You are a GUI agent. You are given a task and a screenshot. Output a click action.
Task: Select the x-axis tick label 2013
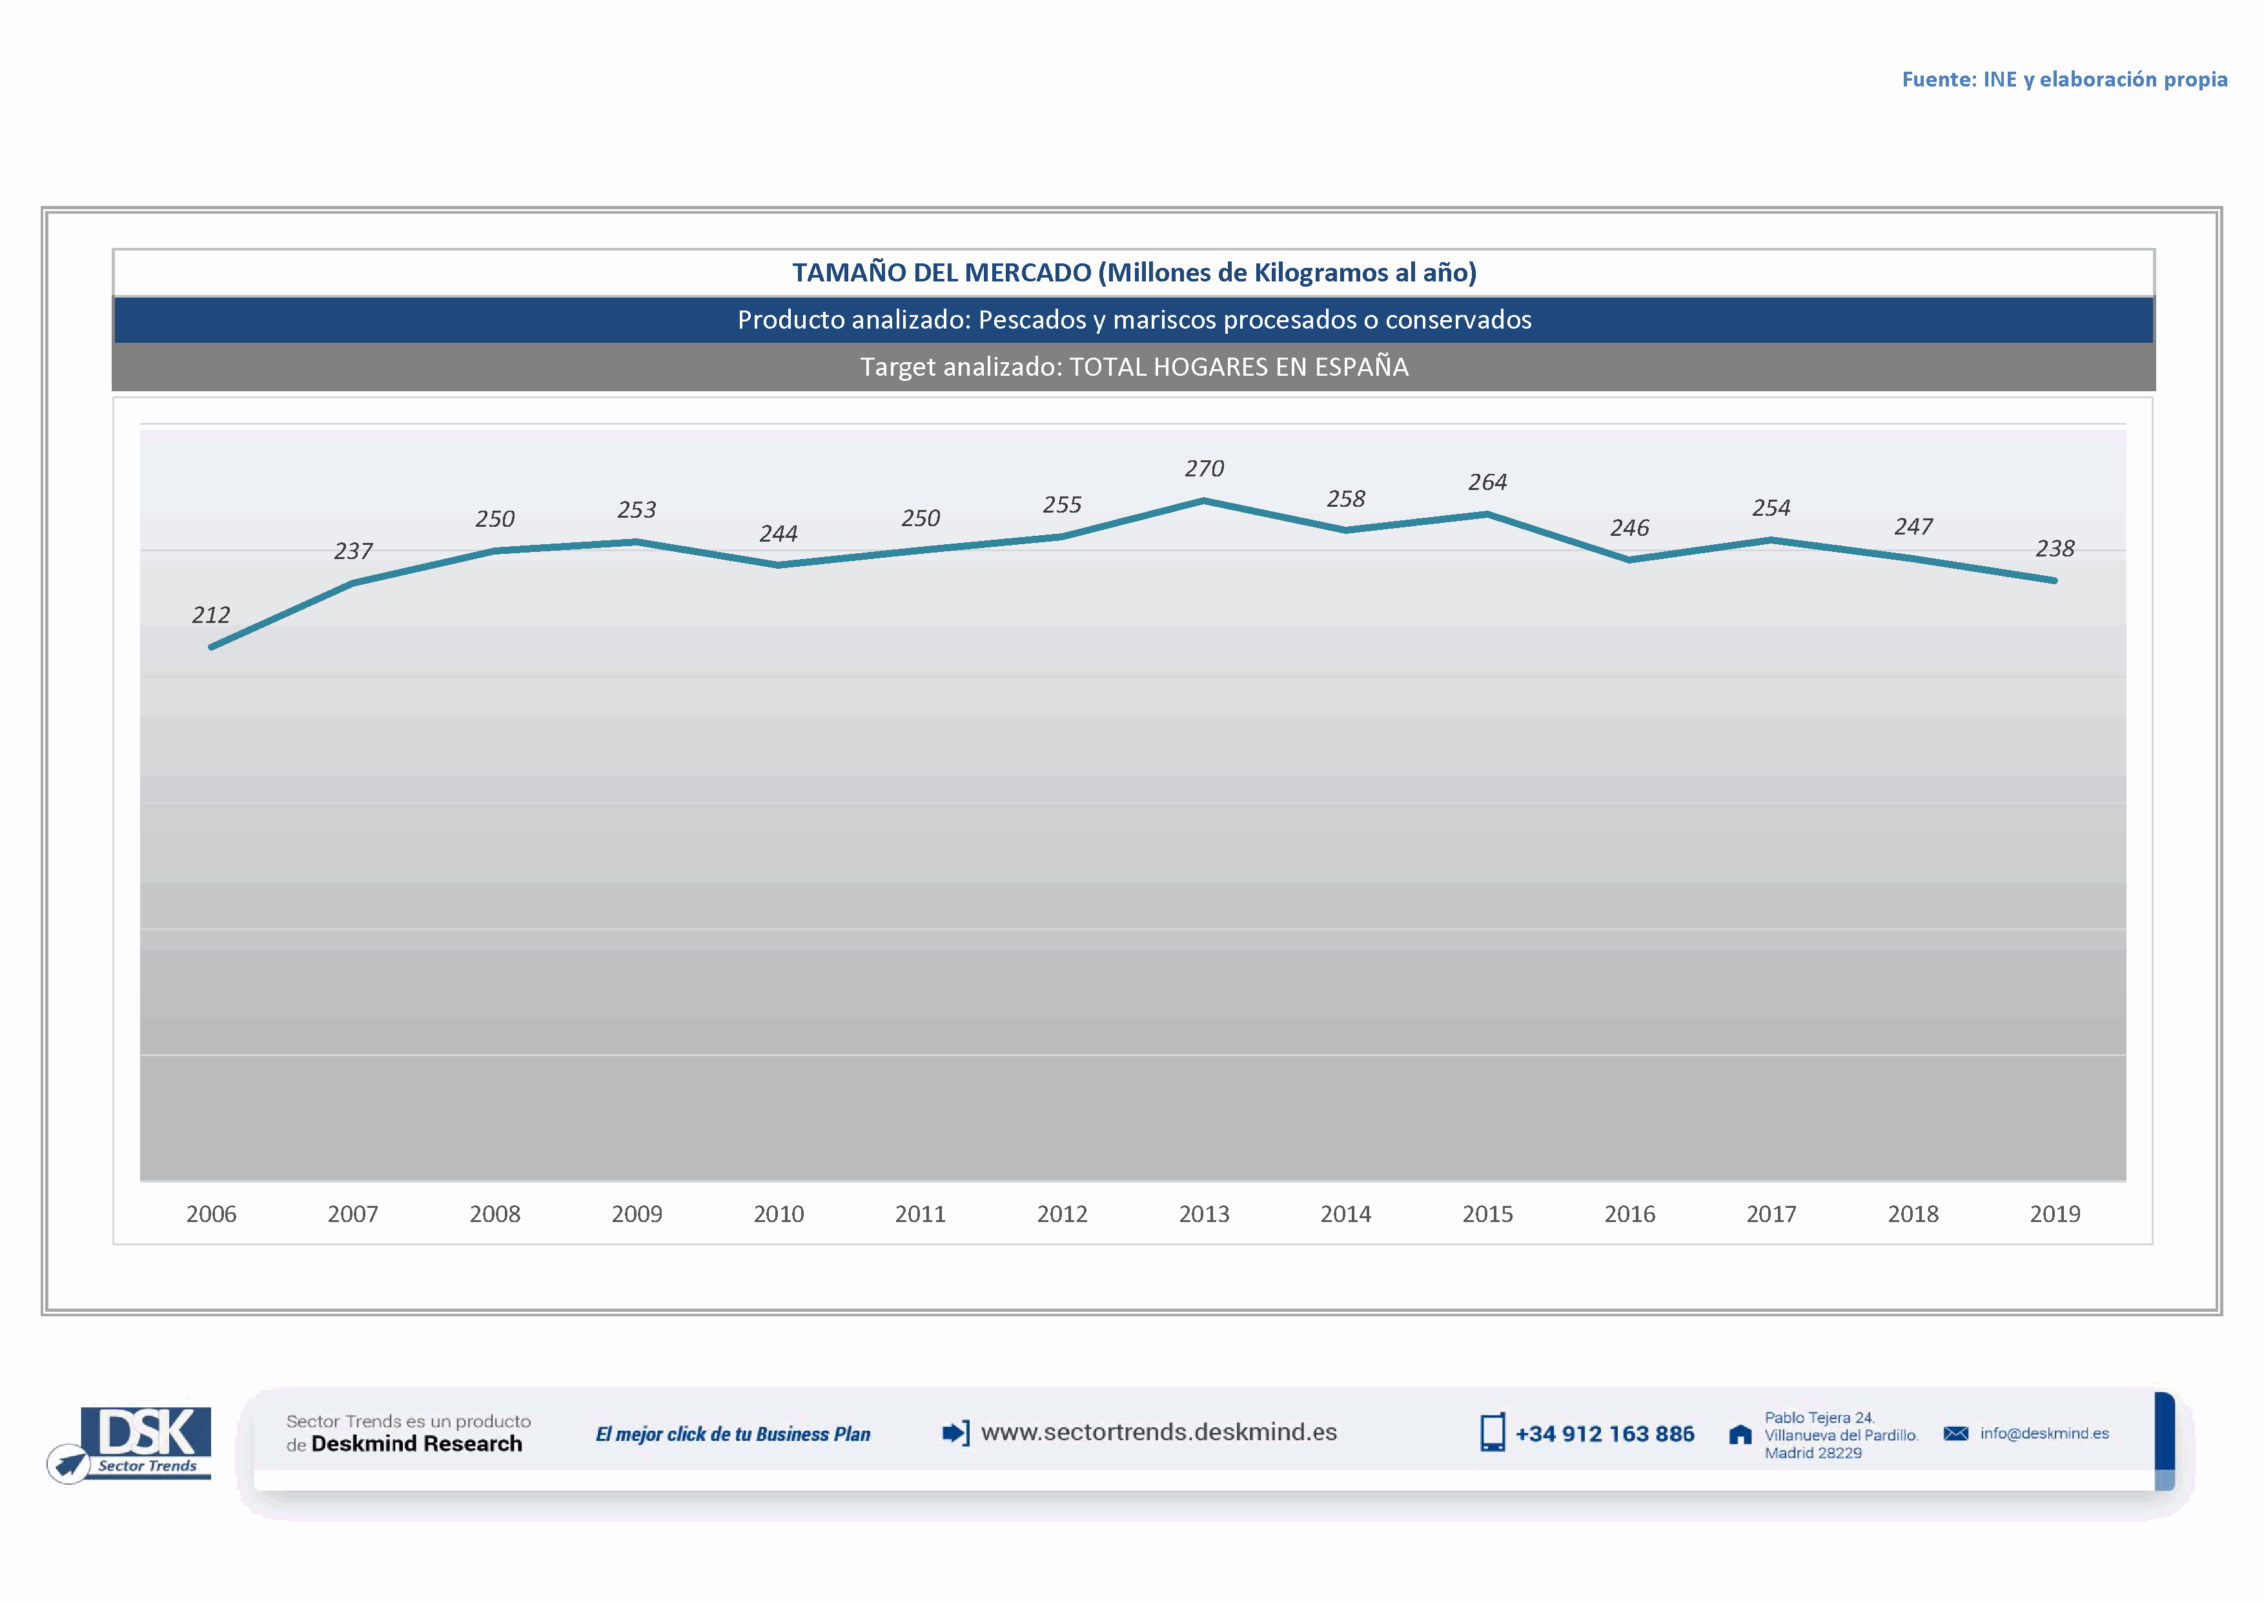pos(1204,1214)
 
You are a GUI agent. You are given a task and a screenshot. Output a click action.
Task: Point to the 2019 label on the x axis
pos(2055,1214)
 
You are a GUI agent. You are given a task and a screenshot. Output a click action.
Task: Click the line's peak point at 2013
pos(1204,502)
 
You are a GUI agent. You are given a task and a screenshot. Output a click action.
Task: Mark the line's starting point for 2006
pos(212,647)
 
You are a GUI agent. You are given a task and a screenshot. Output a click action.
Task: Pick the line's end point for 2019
pos(2054,580)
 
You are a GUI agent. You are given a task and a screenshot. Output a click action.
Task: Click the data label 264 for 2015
pos(1487,483)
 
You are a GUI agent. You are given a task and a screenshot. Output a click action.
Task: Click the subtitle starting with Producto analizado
pos(1134,320)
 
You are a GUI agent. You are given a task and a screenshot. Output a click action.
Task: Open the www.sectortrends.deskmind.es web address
pos(1159,1433)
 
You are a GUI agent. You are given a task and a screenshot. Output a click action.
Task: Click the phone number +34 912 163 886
pos(1604,1434)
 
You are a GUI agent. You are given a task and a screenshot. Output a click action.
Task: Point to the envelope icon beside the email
pos(1955,1433)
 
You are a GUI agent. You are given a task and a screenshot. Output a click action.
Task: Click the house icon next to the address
pos(1740,1435)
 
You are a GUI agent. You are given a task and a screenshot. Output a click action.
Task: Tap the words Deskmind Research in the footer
pos(416,1444)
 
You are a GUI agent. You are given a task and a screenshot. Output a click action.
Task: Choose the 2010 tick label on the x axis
pos(778,1214)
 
